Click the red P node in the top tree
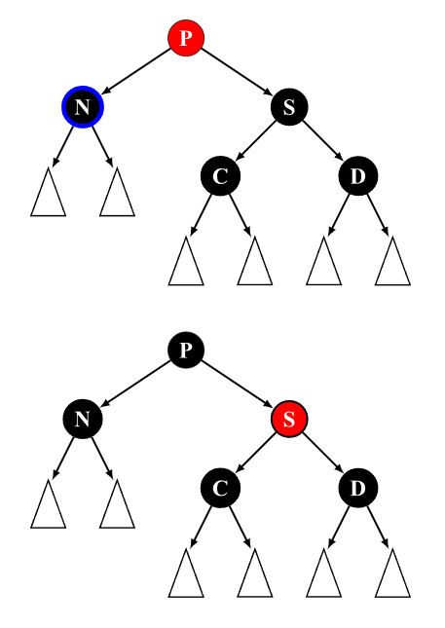[186, 38]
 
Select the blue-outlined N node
[83, 106]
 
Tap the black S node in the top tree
[289, 106]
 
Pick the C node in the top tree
[220, 176]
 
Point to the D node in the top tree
[358, 176]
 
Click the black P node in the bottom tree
[186, 350]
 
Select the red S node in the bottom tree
[289, 419]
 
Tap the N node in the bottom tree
[83, 419]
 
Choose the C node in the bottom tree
[220, 488]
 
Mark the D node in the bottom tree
[358, 488]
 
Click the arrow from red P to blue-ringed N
[135, 71]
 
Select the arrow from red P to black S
[237, 71]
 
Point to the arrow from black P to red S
[237, 384]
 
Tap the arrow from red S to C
[255, 453]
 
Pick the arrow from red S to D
[322, 453]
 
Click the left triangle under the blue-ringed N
[48, 192]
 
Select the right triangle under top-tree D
[392, 261]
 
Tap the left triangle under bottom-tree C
[186, 573]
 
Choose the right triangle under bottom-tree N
[117, 504]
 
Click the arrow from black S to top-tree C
[255, 140]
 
